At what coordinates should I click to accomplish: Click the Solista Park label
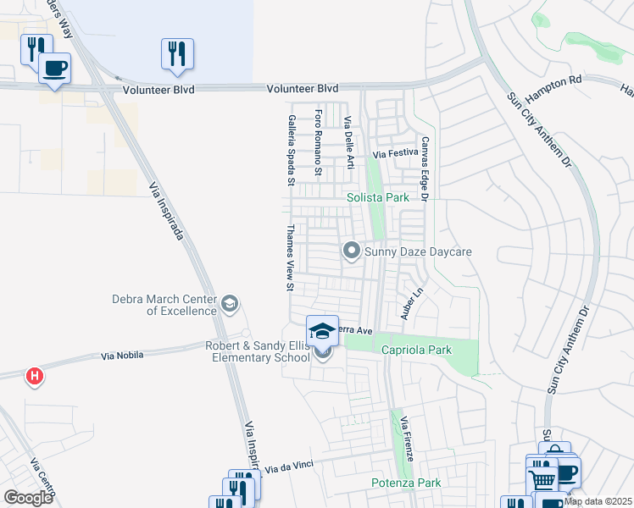[x=378, y=197]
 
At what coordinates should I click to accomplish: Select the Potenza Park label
[x=406, y=483]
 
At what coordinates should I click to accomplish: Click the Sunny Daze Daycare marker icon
[x=352, y=251]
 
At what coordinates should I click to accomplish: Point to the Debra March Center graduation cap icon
[x=230, y=304]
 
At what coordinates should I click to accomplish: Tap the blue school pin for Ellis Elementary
[x=322, y=331]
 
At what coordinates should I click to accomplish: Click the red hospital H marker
[x=34, y=375]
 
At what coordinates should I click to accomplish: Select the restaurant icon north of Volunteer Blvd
[x=177, y=54]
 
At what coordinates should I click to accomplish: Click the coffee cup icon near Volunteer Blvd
[x=55, y=69]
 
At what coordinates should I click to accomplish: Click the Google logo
[x=28, y=497]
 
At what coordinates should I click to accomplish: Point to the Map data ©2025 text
[x=598, y=501]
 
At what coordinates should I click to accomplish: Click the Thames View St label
[x=290, y=257]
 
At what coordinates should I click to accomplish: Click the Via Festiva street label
[x=397, y=154]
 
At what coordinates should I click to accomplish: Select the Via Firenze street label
[x=406, y=438]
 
